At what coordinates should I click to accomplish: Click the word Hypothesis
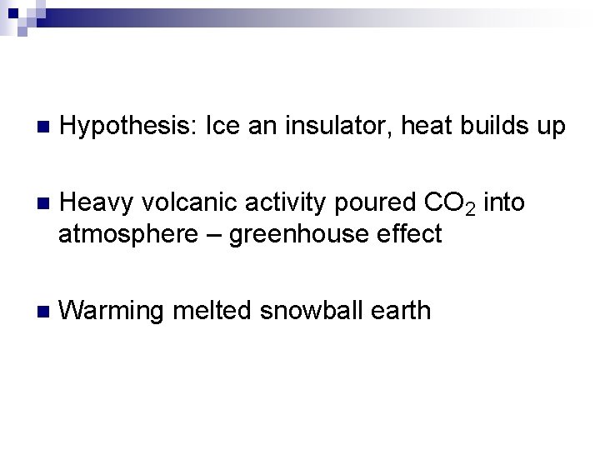(128, 127)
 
